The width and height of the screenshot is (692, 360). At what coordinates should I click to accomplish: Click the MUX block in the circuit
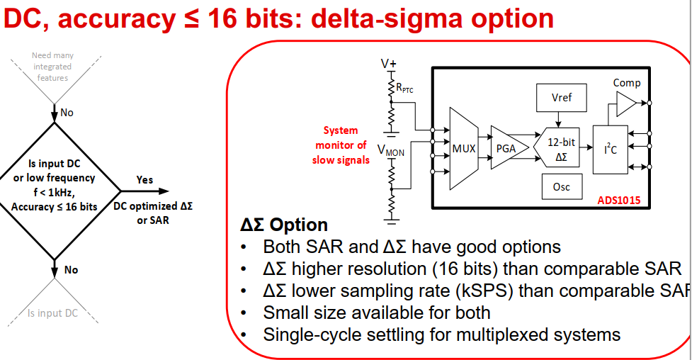coord(464,149)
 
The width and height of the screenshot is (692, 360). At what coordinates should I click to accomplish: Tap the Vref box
coord(562,98)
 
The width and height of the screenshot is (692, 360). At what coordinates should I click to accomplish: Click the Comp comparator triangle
coord(625,105)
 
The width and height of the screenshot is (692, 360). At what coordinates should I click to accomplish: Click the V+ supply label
coord(389,63)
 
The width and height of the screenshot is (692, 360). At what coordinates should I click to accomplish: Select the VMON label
coord(391,150)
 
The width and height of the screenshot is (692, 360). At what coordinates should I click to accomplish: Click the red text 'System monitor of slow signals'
coord(341,145)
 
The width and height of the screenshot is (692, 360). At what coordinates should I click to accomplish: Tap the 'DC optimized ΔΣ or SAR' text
coord(152,213)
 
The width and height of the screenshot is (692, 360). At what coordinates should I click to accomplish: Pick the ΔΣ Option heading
coord(284,225)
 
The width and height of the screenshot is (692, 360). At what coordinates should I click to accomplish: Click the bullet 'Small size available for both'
coord(376,312)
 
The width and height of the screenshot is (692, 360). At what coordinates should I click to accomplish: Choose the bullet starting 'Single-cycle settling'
coord(441,334)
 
